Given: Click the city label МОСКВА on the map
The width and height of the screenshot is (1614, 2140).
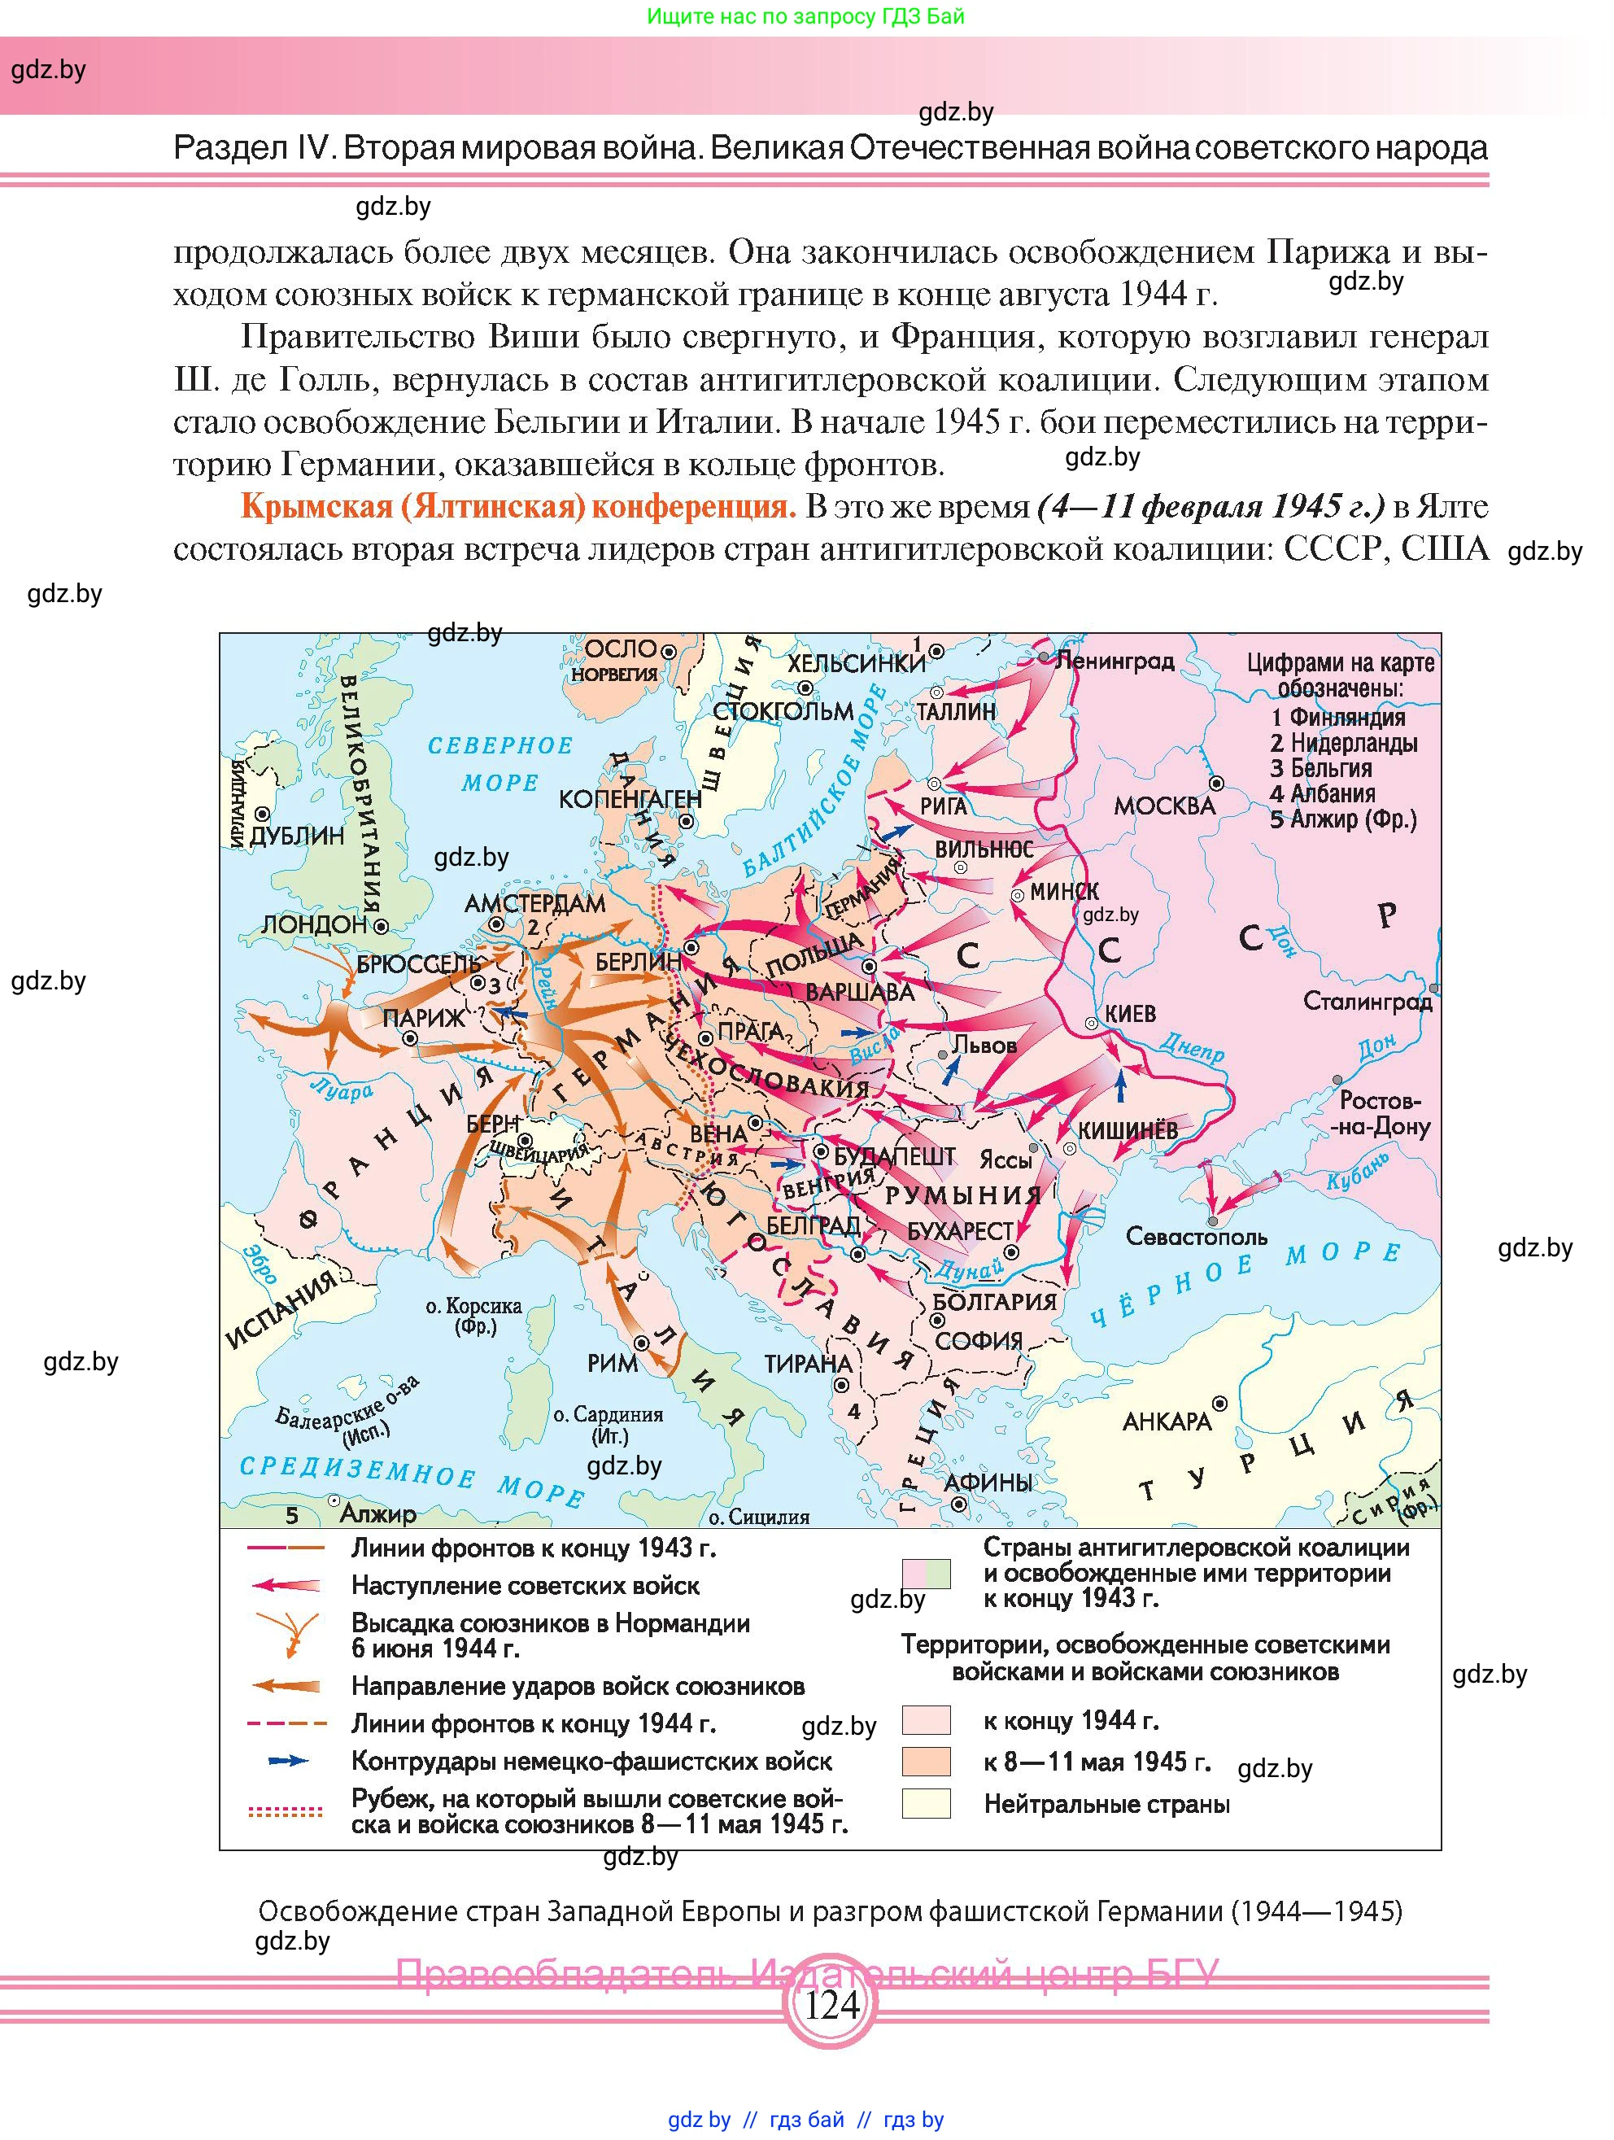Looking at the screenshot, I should pyautogui.click(x=1164, y=806).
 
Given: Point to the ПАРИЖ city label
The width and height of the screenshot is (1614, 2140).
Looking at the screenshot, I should pyautogui.click(x=424, y=1018).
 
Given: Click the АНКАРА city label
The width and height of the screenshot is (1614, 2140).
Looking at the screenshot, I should pyautogui.click(x=1167, y=1422).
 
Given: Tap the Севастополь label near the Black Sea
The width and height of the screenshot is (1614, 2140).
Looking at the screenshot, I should pyautogui.click(x=1196, y=1237).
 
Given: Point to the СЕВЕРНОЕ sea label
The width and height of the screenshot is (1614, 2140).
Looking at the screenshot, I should pyautogui.click(x=500, y=746).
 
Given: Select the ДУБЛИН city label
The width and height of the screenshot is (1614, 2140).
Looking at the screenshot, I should pyautogui.click(x=297, y=836).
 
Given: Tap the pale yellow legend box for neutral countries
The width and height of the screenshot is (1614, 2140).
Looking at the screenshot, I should pyautogui.click(x=926, y=1803).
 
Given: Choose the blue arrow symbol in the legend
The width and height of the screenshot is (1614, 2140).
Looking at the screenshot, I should pyautogui.click(x=287, y=1761).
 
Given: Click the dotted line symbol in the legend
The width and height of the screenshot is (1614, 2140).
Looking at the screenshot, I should pyautogui.click(x=286, y=1811).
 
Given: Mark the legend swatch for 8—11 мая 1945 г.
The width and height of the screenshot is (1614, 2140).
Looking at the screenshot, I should pyautogui.click(x=926, y=1761).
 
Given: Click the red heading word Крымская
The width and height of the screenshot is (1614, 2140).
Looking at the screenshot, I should pyautogui.click(x=312, y=507).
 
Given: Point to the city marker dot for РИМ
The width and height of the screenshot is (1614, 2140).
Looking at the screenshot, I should pyautogui.click(x=641, y=1343).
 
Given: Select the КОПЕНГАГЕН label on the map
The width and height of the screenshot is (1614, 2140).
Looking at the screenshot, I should pyautogui.click(x=630, y=799).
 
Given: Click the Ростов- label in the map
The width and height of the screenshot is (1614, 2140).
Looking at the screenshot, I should pyautogui.click(x=1379, y=1100).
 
